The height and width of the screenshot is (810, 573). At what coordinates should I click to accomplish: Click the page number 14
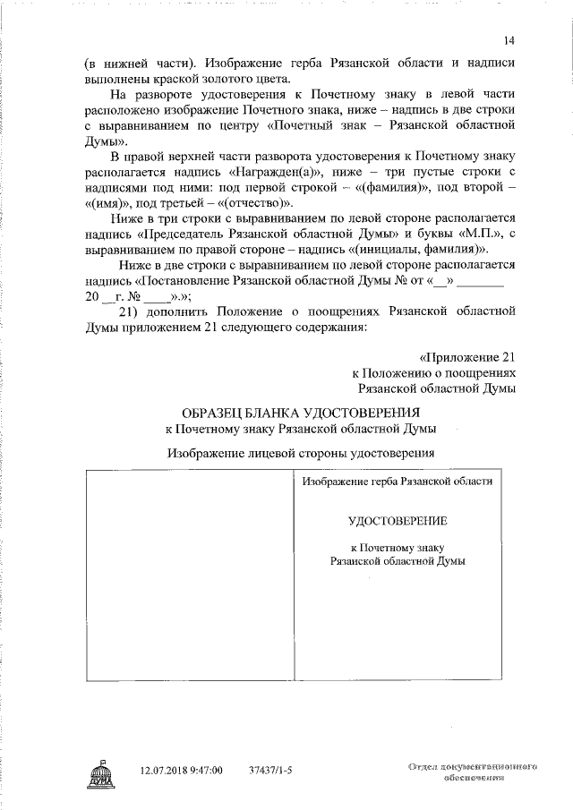[509, 41]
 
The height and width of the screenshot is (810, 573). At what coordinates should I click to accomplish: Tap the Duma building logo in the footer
[99, 772]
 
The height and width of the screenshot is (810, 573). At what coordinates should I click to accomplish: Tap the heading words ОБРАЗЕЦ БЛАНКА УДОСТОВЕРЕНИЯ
[301, 413]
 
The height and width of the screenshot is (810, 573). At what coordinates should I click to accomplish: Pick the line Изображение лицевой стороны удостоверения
[301, 453]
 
